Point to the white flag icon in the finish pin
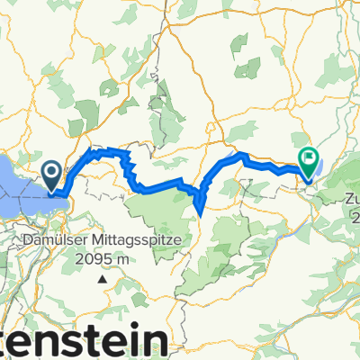click(309, 158)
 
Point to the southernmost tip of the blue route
click(198, 215)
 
